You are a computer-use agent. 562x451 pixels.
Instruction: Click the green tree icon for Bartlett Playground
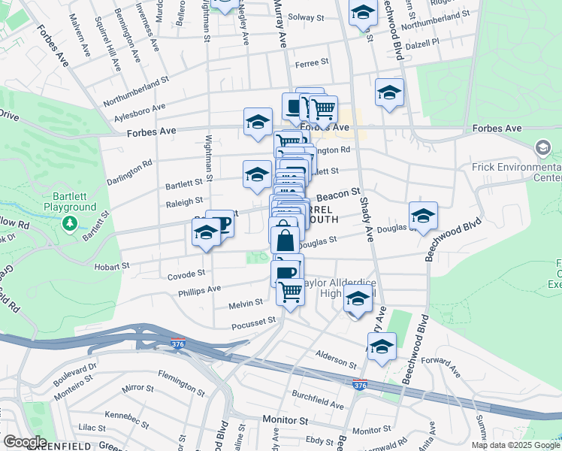70,223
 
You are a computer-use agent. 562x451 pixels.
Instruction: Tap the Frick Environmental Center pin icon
542,148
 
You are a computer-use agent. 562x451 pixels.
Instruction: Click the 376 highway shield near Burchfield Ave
360,384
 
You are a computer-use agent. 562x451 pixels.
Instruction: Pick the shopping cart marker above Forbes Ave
324,109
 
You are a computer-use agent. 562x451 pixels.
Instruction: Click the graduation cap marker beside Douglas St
423,215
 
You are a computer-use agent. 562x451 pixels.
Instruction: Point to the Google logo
24,441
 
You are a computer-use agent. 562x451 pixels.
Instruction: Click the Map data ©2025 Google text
515,445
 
